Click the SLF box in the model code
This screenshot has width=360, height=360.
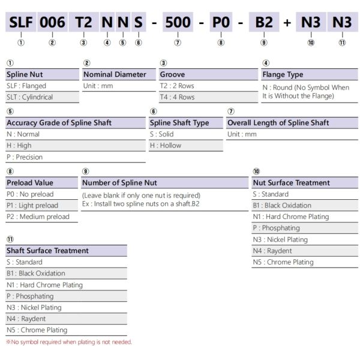[21, 23]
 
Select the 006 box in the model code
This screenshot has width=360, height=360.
[52, 23]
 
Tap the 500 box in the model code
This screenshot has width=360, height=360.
[178, 23]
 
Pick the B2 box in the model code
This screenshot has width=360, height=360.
[264, 23]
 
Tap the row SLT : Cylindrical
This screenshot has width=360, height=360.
[29, 97]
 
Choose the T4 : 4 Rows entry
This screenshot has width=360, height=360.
[178, 97]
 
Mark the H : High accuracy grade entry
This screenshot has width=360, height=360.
[19, 145]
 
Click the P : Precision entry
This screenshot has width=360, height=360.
[25, 157]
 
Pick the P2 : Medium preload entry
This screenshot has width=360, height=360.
[38, 217]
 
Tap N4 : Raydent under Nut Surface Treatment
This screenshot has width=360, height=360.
[272, 251]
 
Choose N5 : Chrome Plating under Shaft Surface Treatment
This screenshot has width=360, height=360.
[37, 330]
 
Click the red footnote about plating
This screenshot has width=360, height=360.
[69, 342]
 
